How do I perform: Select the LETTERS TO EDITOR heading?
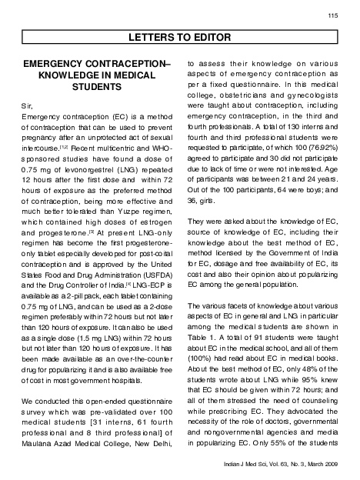(x=180, y=35)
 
